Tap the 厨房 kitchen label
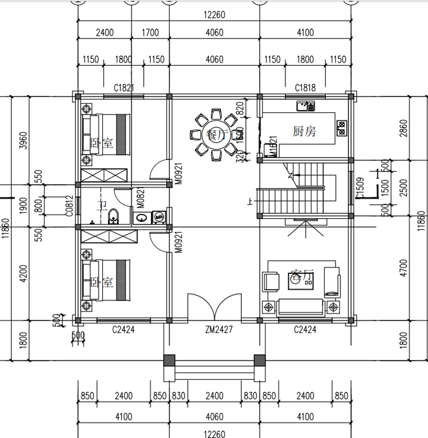click(x=304, y=132)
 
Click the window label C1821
click(x=124, y=87)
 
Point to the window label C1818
click(x=305, y=87)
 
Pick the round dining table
click(x=216, y=135)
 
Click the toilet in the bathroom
click(x=113, y=217)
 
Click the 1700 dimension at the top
click(x=150, y=33)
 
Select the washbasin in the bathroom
click(x=141, y=217)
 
